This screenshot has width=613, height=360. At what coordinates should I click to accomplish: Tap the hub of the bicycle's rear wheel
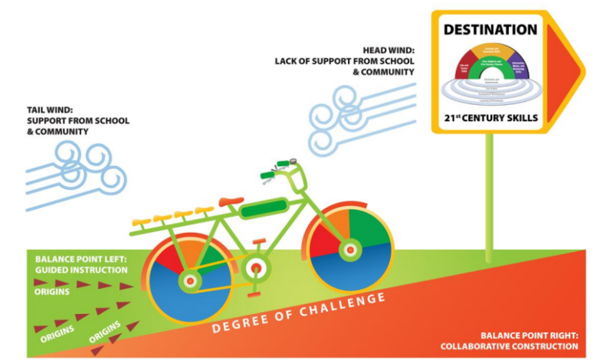tap(188, 282)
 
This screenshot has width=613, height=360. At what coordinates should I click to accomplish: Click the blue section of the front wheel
tap(360, 268)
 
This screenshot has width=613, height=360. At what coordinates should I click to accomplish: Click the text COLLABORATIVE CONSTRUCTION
tap(509, 346)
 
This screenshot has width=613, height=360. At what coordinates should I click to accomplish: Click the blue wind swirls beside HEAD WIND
tap(345, 119)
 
